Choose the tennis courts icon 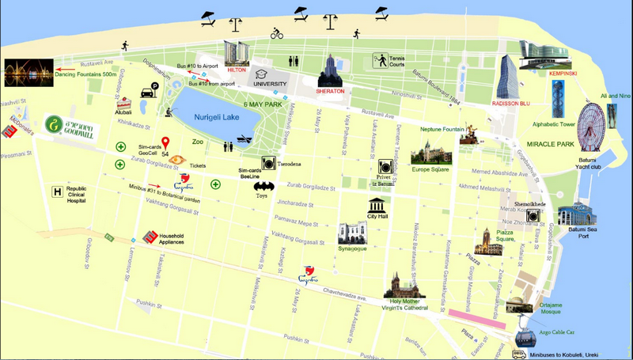381,60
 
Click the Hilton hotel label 236,70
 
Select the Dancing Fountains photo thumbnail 28,72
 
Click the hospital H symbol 56,191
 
